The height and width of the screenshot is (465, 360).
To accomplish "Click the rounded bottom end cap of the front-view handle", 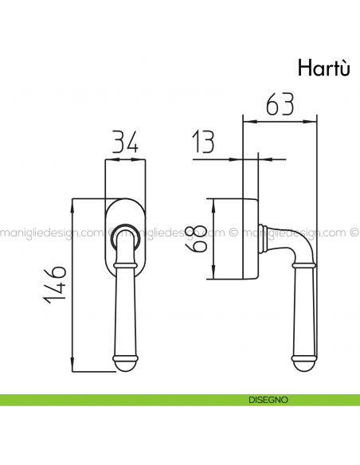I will [125, 364].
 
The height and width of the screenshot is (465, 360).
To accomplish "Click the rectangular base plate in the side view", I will [249, 238].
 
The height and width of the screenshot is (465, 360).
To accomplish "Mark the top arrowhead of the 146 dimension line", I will [72, 203].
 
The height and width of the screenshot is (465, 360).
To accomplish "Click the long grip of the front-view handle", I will [125, 307].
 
